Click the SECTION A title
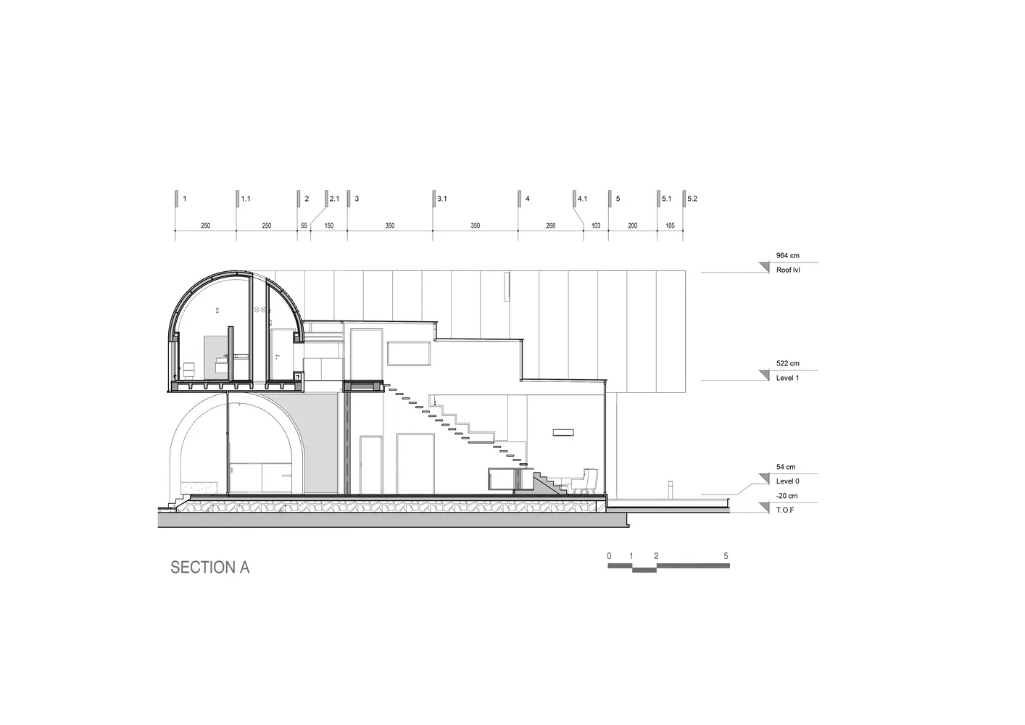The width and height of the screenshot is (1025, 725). [x=210, y=568]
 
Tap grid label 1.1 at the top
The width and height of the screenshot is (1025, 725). [x=246, y=199]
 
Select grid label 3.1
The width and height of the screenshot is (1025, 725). [x=442, y=199]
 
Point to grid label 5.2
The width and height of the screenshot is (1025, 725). [x=692, y=199]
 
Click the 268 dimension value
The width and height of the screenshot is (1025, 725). [x=550, y=225]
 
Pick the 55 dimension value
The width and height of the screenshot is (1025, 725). [x=304, y=225]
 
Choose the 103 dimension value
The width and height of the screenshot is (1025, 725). [x=596, y=225]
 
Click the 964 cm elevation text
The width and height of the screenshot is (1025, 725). [x=787, y=255]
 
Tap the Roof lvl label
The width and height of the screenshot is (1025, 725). [x=788, y=270]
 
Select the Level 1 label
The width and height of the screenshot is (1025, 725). [x=787, y=378]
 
